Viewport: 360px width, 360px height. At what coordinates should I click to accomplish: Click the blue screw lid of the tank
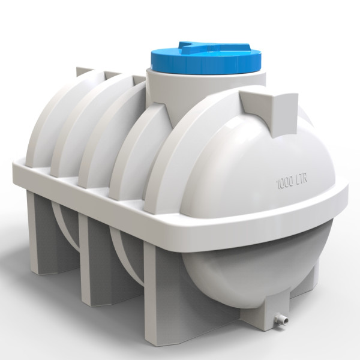tap(206, 59)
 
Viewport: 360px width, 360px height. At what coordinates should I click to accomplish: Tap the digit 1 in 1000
tap(277, 185)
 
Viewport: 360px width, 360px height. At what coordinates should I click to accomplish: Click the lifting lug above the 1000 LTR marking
tap(271, 113)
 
